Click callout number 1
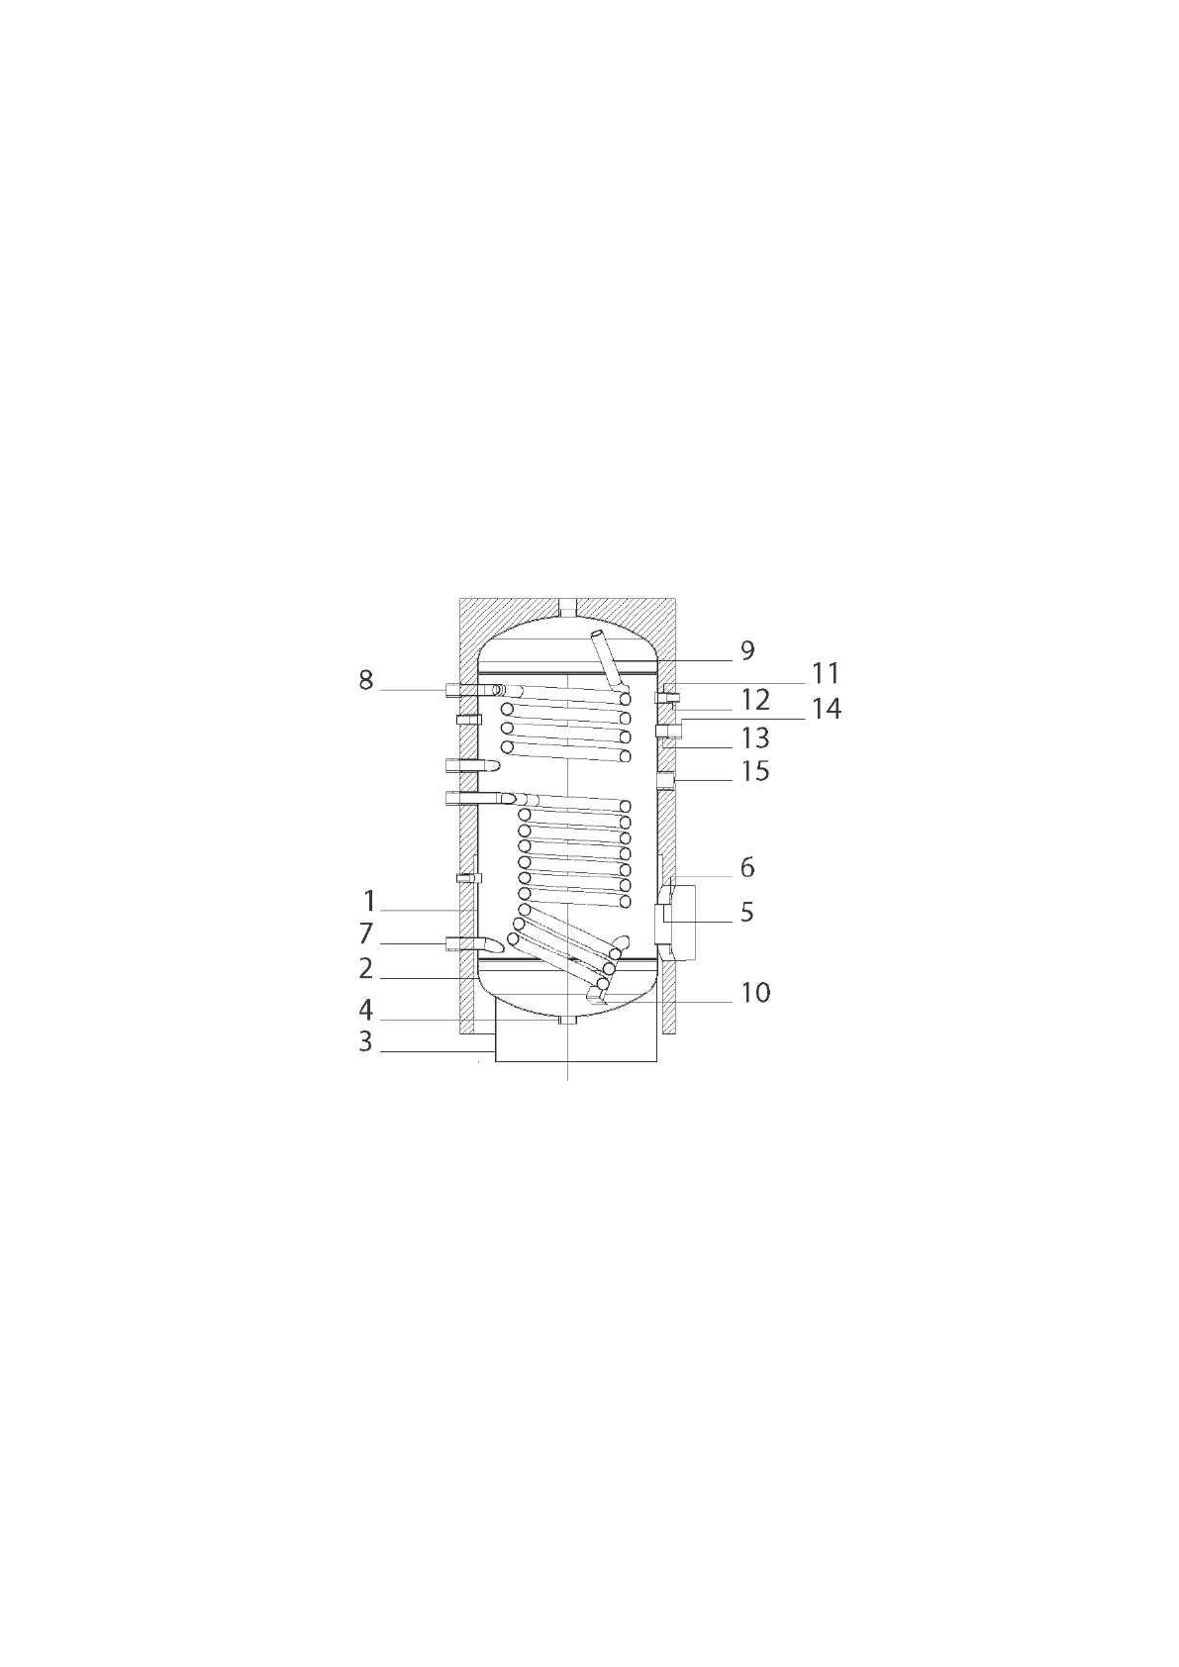(368, 901)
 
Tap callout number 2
(365, 968)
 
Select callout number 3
(364, 1041)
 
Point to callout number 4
(365, 1010)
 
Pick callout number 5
(746, 912)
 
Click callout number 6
(747, 867)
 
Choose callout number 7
(365, 933)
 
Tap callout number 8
(365, 680)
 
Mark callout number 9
(747, 650)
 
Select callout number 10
(755, 993)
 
